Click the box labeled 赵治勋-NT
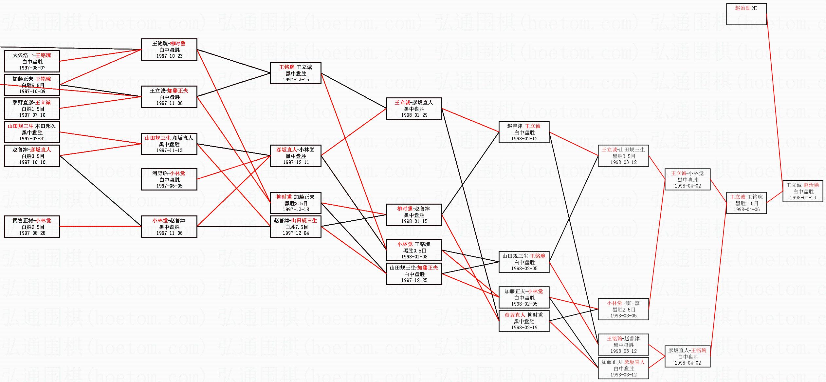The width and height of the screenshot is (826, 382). point(746,14)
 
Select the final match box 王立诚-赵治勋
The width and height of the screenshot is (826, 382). point(802,191)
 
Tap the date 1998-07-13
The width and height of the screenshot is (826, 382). point(802,197)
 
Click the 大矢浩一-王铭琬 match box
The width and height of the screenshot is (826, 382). point(32,61)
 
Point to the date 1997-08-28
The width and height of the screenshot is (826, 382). point(32,233)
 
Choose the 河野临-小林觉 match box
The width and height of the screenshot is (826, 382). point(169,179)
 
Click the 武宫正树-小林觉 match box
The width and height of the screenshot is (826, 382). point(32,227)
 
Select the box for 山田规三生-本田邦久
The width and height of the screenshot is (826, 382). point(32,132)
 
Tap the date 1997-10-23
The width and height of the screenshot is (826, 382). point(169,56)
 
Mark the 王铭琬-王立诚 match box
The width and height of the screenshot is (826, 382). point(295,73)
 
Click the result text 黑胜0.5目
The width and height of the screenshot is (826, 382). point(414,251)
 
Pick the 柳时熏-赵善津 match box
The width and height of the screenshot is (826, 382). point(414,215)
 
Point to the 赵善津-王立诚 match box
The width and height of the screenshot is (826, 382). point(524,132)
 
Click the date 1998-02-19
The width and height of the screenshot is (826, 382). point(524,327)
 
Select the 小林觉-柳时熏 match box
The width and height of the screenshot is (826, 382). point(623,309)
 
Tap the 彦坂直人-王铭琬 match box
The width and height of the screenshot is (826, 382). point(687,356)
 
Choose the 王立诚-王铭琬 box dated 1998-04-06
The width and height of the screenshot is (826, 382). point(746,203)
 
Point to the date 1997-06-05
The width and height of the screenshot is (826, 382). point(169,186)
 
